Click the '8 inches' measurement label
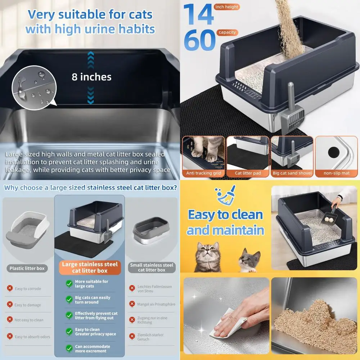(x=91, y=77)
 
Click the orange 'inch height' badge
(x=226, y=7)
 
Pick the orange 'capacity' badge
(x=227, y=32)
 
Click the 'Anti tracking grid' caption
(x=204, y=173)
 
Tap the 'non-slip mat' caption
(x=336, y=173)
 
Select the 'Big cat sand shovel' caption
(x=292, y=173)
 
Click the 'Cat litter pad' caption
(x=248, y=173)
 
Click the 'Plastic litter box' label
(x=27, y=268)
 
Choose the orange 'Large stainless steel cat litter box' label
(x=90, y=267)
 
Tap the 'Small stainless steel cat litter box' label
(x=152, y=267)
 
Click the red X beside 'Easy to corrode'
(x=10, y=288)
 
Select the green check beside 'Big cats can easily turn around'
(x=69, y=300)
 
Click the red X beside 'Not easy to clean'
(x=10, y=320)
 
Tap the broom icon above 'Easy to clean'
(x=226, y=194)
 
